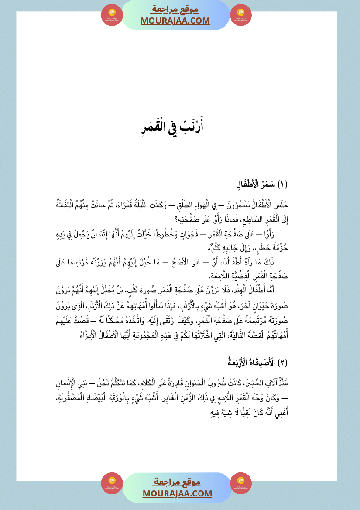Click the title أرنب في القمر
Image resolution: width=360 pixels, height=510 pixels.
(x=179, y=127)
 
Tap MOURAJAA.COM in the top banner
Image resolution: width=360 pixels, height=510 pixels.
(x=175, y=21)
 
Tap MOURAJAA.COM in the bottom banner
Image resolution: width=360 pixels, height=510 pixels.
(x=177, y=493)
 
